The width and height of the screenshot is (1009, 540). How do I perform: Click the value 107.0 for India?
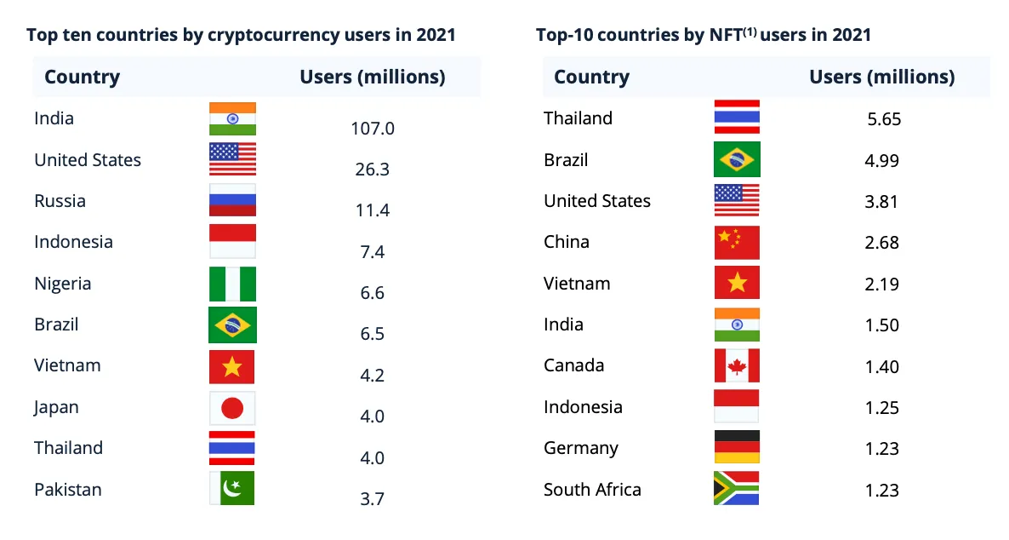point(373,129)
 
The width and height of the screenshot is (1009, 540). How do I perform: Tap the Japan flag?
point(232,409)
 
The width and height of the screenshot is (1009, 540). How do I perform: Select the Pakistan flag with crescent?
point(232,489)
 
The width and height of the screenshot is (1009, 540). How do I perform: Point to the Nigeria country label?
point(63,284)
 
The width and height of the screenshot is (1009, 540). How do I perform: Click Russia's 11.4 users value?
point(373,210)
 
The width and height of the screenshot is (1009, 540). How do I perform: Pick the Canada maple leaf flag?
point(737,365)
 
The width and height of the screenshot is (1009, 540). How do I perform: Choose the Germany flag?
point(737,448)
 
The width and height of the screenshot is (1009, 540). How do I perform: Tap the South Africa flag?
point(737,489)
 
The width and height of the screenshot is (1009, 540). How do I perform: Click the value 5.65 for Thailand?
point(884,119)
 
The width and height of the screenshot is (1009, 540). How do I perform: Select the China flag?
point(737,243)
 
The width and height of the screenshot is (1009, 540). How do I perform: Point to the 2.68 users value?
point(882,243)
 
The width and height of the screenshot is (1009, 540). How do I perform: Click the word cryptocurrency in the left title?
point(273,35)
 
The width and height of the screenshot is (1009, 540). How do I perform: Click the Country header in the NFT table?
point(591,78)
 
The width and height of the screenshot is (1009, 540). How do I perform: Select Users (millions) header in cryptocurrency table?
point(373,78)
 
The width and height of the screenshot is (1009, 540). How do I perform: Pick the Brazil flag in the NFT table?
point(737,160)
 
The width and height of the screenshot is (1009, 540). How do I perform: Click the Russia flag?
point(232,201)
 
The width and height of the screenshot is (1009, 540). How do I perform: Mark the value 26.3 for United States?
point(373,169)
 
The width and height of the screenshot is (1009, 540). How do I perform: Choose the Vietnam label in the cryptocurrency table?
point(67,365)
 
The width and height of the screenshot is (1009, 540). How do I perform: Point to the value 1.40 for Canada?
point(882,367)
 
